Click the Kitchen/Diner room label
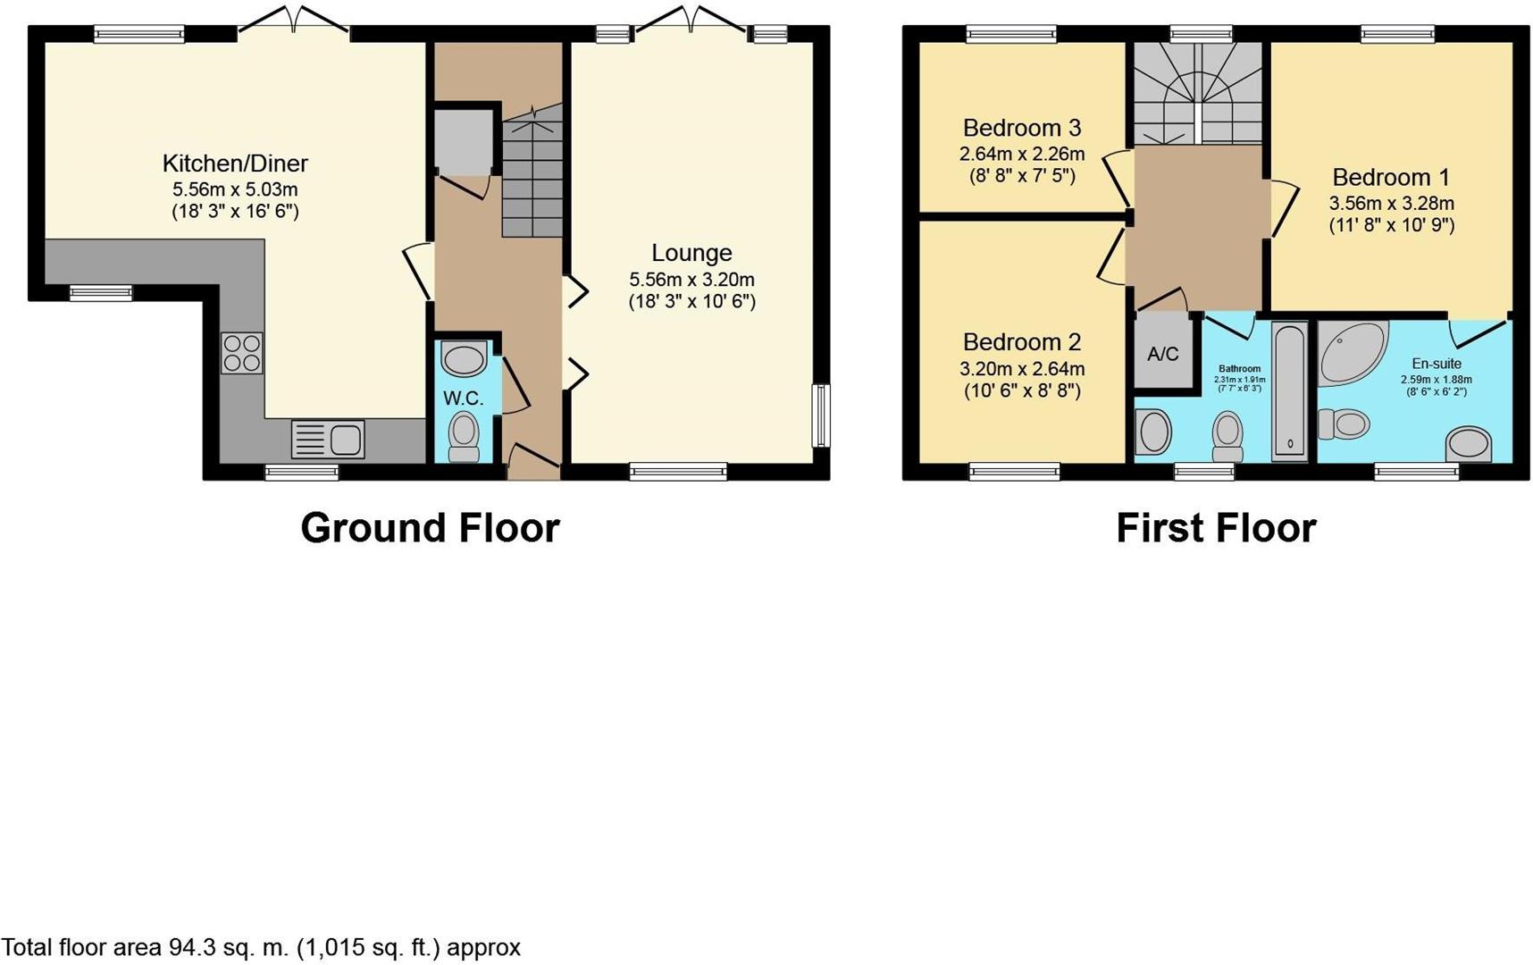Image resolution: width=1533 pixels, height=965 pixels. coord(235,164)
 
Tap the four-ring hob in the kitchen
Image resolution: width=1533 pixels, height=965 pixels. coord(241,352)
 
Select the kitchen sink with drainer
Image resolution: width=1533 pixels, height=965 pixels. coord(328,440)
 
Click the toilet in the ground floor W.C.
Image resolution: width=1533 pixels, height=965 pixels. coord(464,435)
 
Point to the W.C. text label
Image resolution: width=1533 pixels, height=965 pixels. coord(463,399)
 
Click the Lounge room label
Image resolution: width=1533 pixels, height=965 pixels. coord(691,253)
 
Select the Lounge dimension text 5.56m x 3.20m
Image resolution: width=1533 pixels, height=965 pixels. coord(691,280)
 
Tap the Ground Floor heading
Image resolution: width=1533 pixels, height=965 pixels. coord(430,528)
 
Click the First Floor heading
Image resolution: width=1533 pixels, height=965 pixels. coord(1216,528)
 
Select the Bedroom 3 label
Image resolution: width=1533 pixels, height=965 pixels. coord(1022,128)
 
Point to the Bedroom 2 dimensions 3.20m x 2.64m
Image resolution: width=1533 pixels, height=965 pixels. coord(1022,368)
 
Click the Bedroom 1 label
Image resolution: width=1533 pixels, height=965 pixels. coord(1391,177)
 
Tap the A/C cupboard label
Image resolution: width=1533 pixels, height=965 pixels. coord(1162,354)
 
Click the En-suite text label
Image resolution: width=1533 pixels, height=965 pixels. coord(1437,364)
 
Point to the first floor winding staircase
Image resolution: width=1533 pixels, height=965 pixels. coord(1198,93)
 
